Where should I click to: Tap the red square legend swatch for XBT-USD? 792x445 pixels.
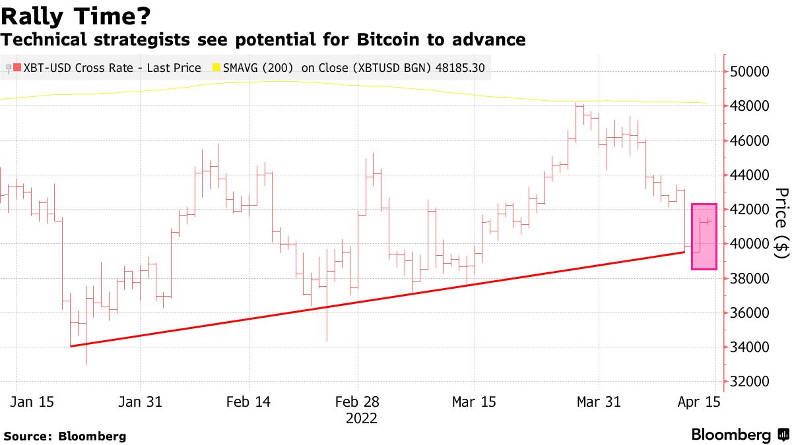(17, 68)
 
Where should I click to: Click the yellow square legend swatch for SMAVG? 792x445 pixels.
(216, 68)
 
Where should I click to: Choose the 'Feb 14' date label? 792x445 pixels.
(248, 402)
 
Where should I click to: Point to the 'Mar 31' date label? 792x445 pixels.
(598, 402)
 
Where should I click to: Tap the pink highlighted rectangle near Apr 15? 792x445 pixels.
(704, 236)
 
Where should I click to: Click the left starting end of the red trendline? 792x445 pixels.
(71, 345)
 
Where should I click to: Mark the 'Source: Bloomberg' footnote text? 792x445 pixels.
(65, 436)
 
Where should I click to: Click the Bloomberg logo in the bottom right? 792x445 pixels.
(739, 434)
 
